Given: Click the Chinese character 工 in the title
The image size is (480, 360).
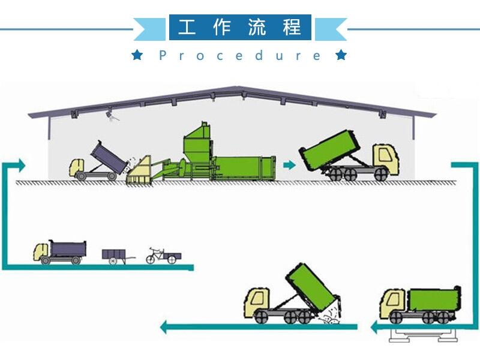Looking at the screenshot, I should click(187, 28).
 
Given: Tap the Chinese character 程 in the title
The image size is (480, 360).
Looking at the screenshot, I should click(292, 28).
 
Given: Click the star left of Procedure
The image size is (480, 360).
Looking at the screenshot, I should click(137, 56).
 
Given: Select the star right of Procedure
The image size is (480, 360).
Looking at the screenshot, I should click(341, 56).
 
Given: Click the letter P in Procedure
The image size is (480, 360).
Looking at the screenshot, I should click(163, 56).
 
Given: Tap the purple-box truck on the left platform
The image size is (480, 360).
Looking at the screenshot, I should click(60, 252).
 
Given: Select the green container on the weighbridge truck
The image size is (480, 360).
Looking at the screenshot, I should click(431, 299).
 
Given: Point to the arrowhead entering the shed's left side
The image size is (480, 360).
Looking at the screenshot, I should click(22, 165).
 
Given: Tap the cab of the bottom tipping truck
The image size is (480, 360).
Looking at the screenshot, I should click(258, 300).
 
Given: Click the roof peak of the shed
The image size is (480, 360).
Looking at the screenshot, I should click(239, 88).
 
